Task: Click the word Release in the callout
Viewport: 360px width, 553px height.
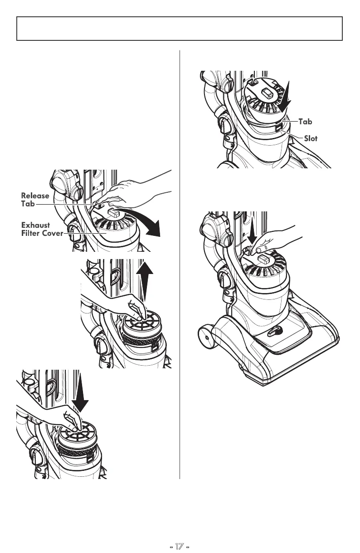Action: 35,196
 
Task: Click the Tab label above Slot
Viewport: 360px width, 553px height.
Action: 306,122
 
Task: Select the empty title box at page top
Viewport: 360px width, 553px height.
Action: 180,28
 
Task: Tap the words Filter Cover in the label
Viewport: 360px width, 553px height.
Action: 41,234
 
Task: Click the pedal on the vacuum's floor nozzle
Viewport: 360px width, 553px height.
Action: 272,331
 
